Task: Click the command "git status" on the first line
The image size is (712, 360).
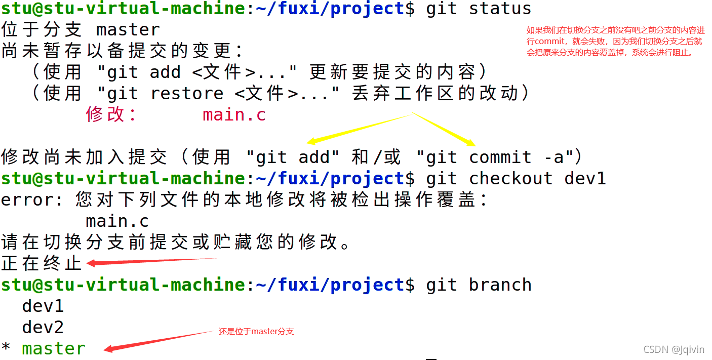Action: click(x=479, y=9)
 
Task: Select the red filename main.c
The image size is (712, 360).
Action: click(x=234, y=115)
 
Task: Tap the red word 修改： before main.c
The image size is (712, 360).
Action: click(x=111, y=115)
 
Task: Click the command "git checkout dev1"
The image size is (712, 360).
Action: click(x=516, y=178)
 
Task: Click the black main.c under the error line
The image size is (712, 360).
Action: click(x=117, y=221)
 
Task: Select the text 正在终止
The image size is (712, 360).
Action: click(x=42, y=263)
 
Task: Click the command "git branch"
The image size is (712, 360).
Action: click(x=479, y=285)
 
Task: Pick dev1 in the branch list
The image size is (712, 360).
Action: click(x=43, y=306)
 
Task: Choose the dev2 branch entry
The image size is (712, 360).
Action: click(x=43, y=328)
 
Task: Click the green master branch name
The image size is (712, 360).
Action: click(x=54, y=349)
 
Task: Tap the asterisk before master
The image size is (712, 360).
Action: click(x=6, y=349)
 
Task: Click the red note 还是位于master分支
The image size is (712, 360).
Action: click(x=256, y=332)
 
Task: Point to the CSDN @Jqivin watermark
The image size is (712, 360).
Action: click(x=674, y=350)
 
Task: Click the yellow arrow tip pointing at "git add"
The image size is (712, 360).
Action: click(x=310, y=142)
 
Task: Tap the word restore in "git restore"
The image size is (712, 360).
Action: click(x=187, y=94)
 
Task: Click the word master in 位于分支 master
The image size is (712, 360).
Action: click(x=128, y=30)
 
